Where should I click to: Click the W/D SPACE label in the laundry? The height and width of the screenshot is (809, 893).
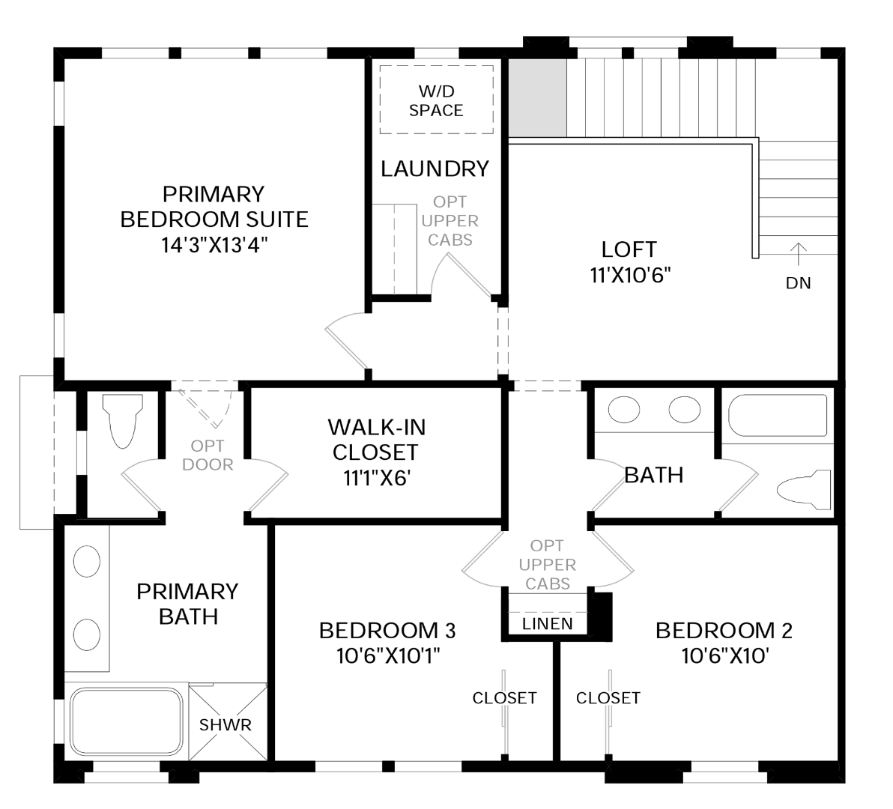click(x=436, y=101)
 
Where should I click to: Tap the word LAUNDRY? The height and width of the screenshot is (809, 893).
click(x=435, y=169)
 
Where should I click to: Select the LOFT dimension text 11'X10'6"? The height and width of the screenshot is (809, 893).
click(x=631, y=276)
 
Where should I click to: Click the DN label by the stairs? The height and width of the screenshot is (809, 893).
click(x=799, y=283)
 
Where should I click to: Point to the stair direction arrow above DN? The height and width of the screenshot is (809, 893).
click(x=799, y=255)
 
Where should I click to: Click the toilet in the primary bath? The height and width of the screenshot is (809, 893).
click(x=123, y=421)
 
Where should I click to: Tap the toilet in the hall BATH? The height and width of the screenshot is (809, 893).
click(x=804, y=489)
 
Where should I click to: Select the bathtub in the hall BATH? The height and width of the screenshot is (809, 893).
click(x=778, y=416)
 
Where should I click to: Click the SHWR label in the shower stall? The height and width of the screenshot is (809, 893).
click(x=225, y=725)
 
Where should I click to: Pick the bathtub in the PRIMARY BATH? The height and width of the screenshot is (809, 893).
click(x=126, y=721)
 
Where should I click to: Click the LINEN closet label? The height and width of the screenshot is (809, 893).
click(x=548, y=624)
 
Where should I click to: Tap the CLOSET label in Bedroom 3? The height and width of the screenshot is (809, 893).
click(x=505, y=698)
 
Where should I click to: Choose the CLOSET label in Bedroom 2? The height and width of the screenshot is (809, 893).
click(x=608, y=698)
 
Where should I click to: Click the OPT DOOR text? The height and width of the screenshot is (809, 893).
click(x=208, y=455)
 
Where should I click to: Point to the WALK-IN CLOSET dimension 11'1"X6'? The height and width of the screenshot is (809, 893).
click(x=377, y=478)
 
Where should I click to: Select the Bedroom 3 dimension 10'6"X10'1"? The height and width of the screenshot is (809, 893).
click(x=388, y=656)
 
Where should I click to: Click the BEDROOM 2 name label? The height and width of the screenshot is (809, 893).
click(x=724, y=631)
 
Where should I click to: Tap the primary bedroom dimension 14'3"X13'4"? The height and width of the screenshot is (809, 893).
click(x=214, y=246)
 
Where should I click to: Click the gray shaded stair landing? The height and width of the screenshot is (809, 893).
click(x=538, y=97)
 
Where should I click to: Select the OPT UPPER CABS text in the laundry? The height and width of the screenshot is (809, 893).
click(x=450, y=221)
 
